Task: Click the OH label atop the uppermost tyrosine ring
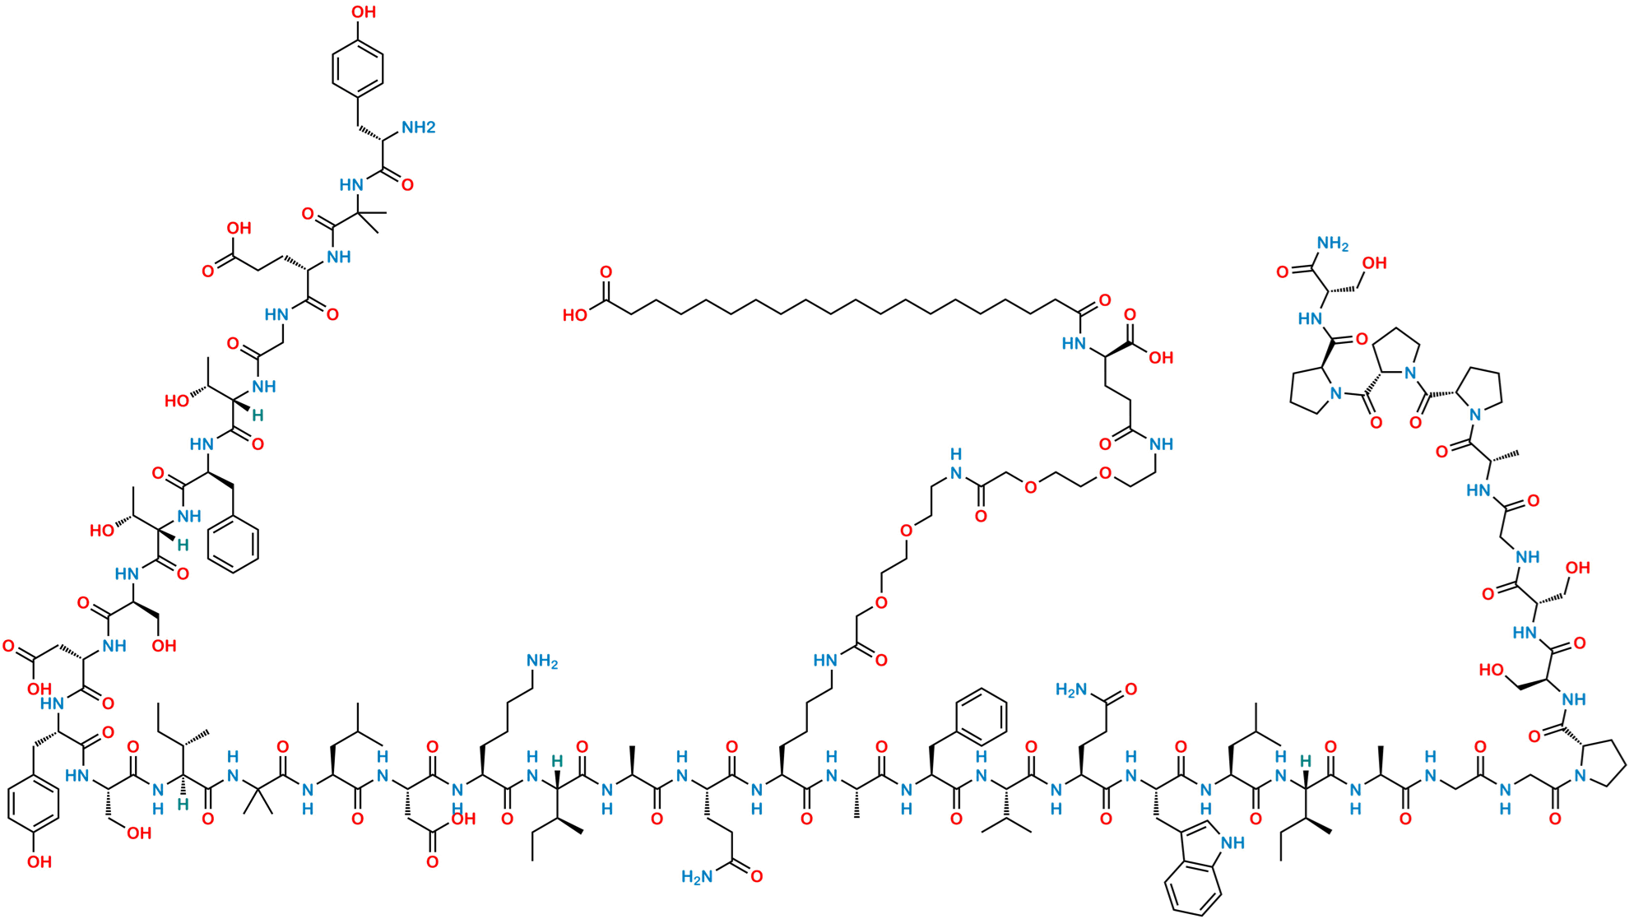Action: [x=364, y=12]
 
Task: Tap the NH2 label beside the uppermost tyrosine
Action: [x=418, y=128]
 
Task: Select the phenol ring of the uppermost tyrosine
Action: [x=358, y=67]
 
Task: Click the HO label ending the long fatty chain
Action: [x=576, y=316]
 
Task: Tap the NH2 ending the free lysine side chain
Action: [x=542, y=661]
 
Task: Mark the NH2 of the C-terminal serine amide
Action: [x=1333, y=244]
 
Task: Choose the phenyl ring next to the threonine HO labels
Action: [x=234, y=543]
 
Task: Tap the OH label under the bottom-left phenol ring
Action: [x=39, y=862]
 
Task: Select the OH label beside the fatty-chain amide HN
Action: [x=1160, y=358]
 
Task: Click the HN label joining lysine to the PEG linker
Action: [x=826, y=660]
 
